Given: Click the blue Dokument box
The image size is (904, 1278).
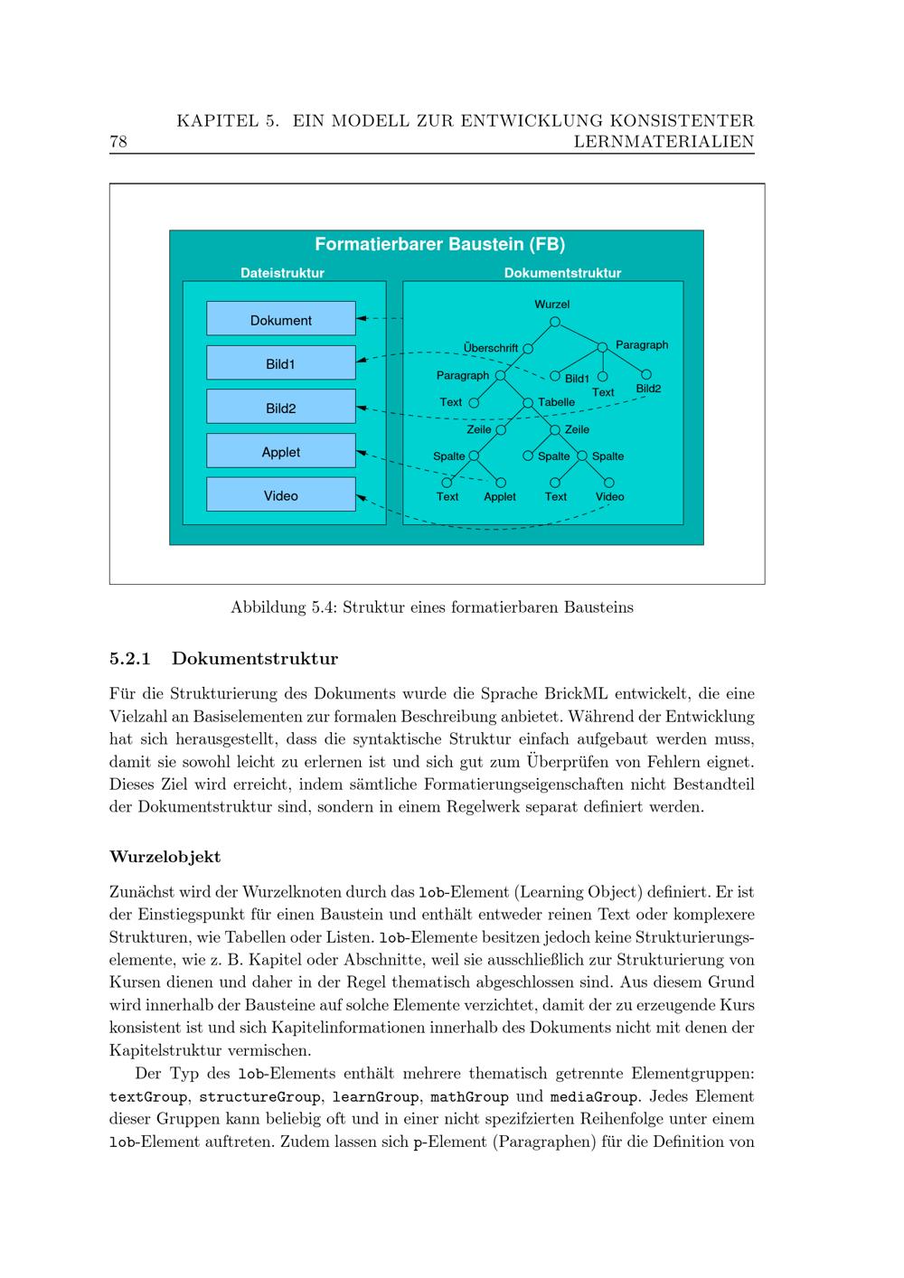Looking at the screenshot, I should pyautogui.click(x=281, y=320).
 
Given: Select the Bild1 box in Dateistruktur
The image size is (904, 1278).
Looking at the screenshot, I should pyautogui.click(x=281, y=363).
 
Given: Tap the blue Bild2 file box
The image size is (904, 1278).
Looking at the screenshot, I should pyautogui.click(x=281, y=408).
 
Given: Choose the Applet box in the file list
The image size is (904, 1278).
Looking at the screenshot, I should pyautogui.click(x=281, y=452).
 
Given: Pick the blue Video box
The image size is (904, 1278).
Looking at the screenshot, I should pyautogui.click(x=281, y=495).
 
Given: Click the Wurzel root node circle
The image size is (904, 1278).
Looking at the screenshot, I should pyautogui.click(x=555, y=322).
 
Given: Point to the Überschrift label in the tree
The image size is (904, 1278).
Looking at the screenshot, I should pyautogui.click(x=491, y=348).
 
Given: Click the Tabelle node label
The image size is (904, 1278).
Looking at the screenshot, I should pyautogui.click(x=556, y=402).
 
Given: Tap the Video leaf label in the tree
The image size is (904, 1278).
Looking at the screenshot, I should pyautogui.click(x=609, y=497).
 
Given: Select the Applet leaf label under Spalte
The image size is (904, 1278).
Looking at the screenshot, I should pyautogui.click(x=500, y=497).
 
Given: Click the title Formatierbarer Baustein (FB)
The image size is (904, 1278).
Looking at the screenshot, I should pyautogui.click(x=439, y=244).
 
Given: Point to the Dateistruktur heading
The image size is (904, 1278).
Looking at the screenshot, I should pyautogui.click(x=282, y=273).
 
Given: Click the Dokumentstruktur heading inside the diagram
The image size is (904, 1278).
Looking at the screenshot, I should pyautogui.click(x=562, y=273).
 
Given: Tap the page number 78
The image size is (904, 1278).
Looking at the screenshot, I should pyautogui.click(x=118, y=142).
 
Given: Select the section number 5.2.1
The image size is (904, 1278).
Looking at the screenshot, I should pyautogui.click(x=129, y=658).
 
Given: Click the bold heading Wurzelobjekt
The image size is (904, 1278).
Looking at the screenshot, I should pyautogui.click(x=165, y=856).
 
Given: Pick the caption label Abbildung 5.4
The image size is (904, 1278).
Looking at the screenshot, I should pyautogui.click(x=281, y=607).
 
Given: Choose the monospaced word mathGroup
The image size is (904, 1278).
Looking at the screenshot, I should pyautogui.click(x=469, y=1097).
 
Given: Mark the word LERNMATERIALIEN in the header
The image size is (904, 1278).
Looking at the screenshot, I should pyautogui.click(x=664, y=142).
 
